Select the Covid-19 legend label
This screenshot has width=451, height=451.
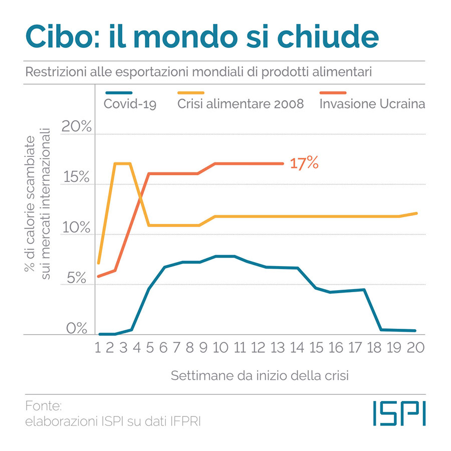130,104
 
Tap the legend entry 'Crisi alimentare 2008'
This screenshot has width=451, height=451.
241,104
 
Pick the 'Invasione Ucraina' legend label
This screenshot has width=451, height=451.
372,104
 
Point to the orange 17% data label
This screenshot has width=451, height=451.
304,163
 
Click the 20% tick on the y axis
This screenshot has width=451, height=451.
76,127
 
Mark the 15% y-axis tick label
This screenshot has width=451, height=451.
76,177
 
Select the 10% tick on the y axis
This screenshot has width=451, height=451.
76,228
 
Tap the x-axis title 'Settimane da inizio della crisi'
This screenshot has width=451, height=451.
261,375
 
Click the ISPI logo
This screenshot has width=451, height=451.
399,413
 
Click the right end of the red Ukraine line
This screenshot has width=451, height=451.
283,163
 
